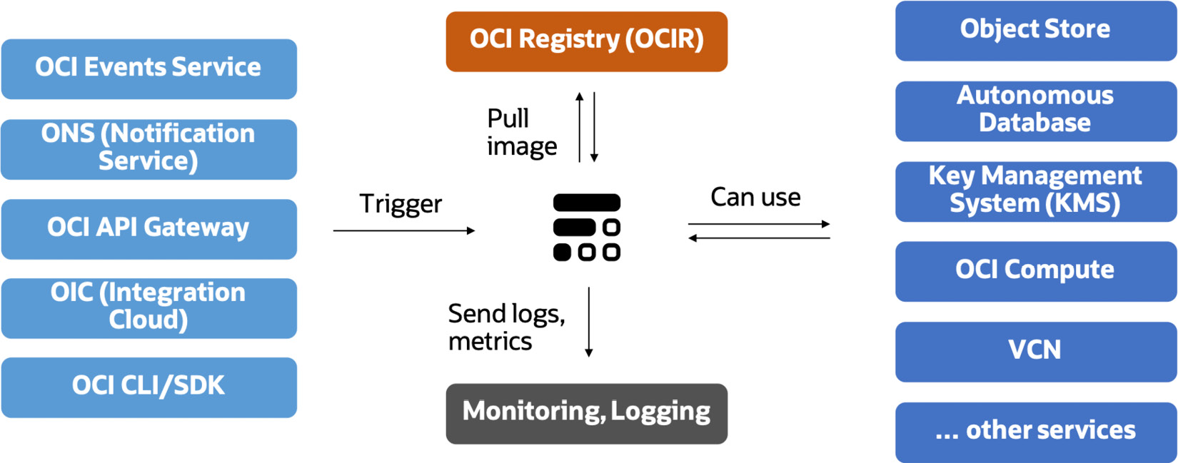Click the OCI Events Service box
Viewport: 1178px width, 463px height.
click(148, 68)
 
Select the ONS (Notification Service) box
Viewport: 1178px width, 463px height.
click(148, 148)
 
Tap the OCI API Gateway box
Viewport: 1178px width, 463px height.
click(148, 228)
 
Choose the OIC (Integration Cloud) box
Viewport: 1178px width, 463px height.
click(148, 307)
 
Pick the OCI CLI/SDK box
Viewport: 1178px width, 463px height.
click(148, 387)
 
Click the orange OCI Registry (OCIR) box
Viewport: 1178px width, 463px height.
click(586, 41)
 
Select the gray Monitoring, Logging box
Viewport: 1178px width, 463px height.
click(586, 413)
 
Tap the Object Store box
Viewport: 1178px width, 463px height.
click(1035, 30)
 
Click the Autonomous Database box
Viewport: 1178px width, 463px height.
click(1035, 110)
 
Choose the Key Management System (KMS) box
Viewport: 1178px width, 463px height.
click(1035, 190)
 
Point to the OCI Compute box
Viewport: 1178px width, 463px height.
click(1035, 270)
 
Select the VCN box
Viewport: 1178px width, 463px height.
click(1035, 351)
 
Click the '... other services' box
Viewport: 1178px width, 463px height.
click(1035, 431)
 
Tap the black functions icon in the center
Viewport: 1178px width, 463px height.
click(586, 227)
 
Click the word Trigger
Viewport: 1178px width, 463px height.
click(401, 204)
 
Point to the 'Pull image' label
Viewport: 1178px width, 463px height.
click(521, 132)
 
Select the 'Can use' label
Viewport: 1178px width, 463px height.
click(755, 197)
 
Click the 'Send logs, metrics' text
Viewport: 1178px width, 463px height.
click(506, 327)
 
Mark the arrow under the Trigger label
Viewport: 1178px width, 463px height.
click(403, 230)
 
